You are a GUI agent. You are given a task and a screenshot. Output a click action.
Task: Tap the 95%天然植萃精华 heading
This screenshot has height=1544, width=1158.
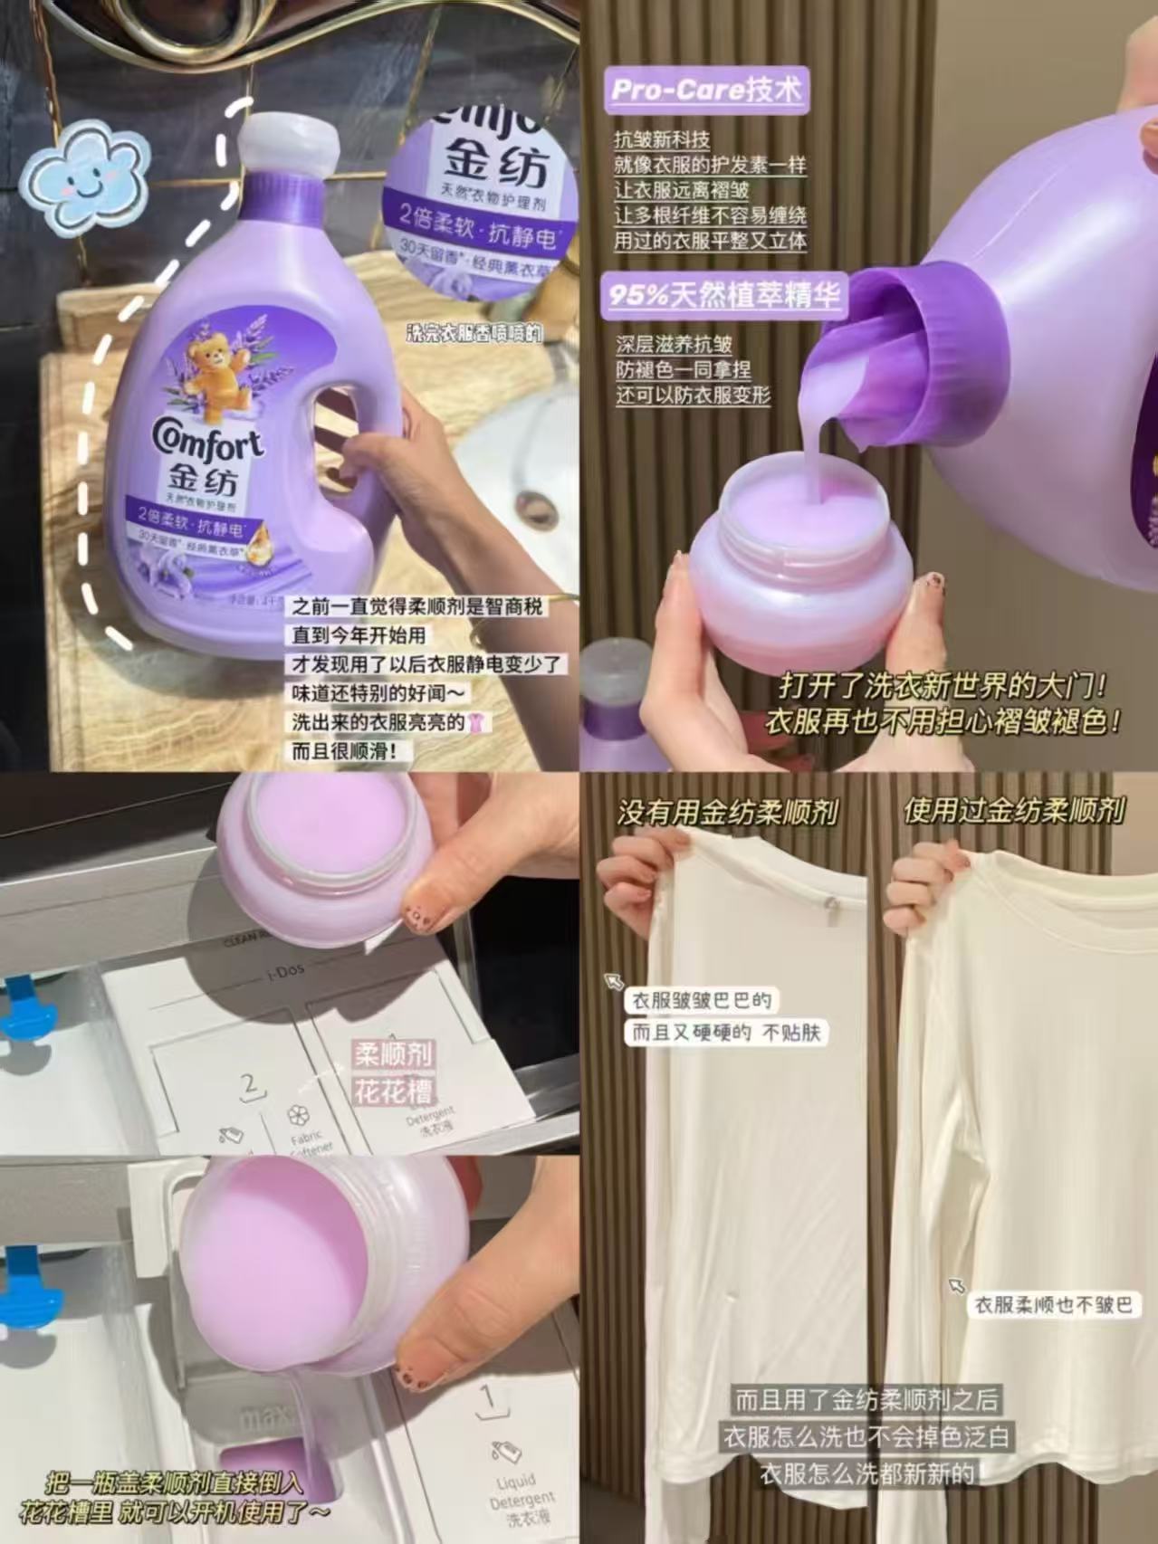pyautogui.click(x=724, y=295)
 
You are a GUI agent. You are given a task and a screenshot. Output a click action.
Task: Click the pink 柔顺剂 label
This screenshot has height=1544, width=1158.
pyautogui.click(x=394, y=1054)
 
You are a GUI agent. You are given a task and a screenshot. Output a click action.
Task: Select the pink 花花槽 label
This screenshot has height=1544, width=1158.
pyautogui.click(x=393, y=1091)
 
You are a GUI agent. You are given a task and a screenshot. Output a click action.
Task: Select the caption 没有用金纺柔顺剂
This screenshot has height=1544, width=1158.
pyautogui.click(x=727, y=812)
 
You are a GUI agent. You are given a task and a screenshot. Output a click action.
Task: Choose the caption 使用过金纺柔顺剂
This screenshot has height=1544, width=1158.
pyautogui.click(x=1013, y=811)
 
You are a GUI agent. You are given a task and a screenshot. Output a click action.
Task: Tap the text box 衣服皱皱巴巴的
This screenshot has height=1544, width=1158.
pyautogui.click(x=702, y=1000)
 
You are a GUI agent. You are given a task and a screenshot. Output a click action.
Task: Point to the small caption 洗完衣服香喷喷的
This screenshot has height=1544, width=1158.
pyautogui.click(x=474, y=334)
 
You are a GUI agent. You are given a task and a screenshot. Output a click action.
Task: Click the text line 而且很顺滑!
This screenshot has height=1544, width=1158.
pyautogui.click(x=343, y=750)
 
